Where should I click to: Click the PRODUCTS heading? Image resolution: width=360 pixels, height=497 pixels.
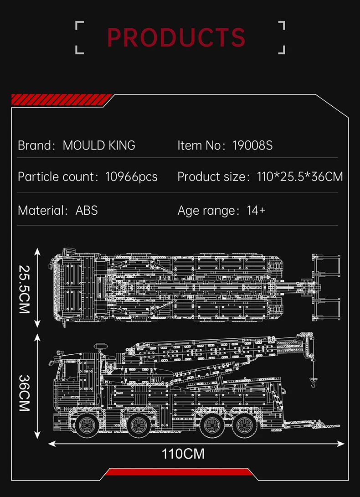tap(177, 37)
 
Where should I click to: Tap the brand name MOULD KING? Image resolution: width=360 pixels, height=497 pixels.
tap(99, 145)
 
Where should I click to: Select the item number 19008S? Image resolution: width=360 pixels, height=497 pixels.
tap(252, 145)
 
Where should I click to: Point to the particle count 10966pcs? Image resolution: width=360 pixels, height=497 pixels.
tap(131, 177)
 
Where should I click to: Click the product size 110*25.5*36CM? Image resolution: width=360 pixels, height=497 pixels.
tap(300, 177)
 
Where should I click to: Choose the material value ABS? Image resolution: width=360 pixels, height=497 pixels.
tap(87, 210)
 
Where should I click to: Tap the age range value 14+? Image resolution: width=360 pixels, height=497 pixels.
tap(256, 210)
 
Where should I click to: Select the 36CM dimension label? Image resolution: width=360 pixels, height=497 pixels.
tap(25, 393)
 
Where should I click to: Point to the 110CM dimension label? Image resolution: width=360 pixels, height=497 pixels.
tap(183, 454)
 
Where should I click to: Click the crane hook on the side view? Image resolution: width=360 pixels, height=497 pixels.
tap(314, 382)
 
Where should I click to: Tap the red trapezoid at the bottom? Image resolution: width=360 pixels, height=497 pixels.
tap(179, 471)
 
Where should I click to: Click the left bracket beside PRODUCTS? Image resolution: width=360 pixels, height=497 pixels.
tap(79, 37)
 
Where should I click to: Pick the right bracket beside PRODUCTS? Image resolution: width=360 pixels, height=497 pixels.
tap(281, 37)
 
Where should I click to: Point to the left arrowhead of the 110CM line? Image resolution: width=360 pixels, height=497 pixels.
tap(51, 443)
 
